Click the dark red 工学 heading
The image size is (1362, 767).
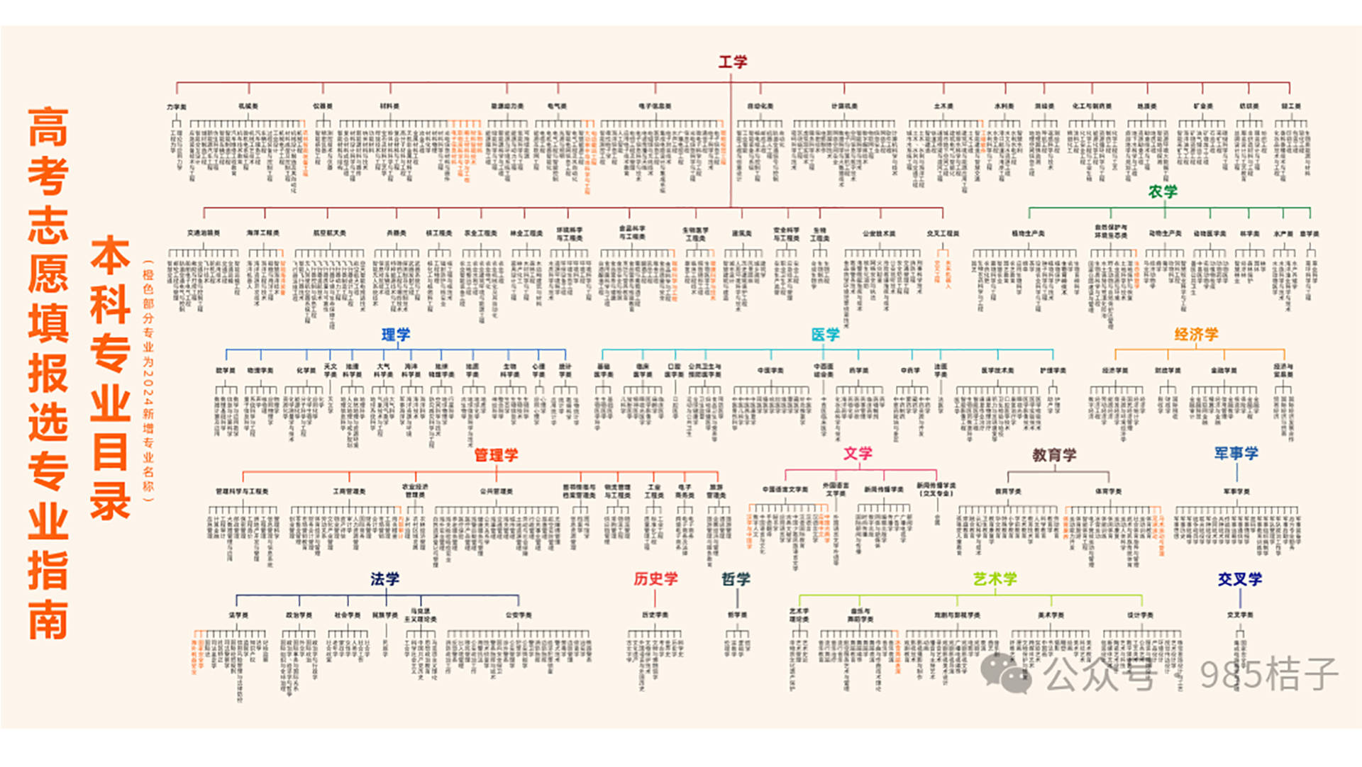point(732,62)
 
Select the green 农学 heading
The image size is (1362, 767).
point(1163,191)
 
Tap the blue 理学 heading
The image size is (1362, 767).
point(396,335)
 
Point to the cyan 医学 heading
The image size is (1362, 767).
point(825,335)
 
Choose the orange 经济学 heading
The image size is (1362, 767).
point(1196,335)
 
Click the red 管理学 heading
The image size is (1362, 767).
point(496,455)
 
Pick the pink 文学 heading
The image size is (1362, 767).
point(858,454)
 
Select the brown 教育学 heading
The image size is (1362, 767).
point(1054,455)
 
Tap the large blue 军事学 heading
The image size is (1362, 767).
point(1236,454)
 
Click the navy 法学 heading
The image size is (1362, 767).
point(384,579)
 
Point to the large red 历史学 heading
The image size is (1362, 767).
point(655,579)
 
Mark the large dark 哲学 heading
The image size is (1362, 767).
point(736,579)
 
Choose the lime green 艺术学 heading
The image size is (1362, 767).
point(995,579)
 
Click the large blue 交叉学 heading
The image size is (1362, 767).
point(1240,579)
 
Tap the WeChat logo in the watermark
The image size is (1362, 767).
point(1005,673)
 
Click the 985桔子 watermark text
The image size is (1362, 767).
point(1268,675)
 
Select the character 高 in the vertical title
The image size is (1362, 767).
point(48,128)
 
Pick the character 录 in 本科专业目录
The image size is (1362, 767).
point(111,501)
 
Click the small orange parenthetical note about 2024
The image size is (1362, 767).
point(148,383)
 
